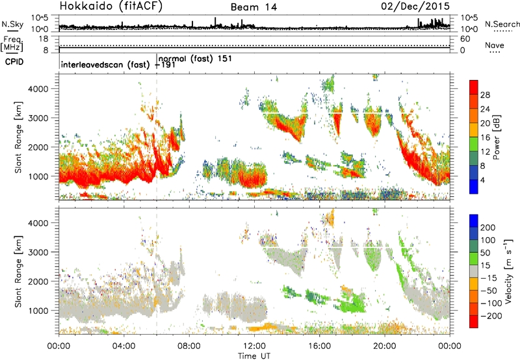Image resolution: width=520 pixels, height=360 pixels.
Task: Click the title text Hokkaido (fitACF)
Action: (x=111, y=6)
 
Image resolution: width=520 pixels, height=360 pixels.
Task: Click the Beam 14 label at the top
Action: (x=253, y=7)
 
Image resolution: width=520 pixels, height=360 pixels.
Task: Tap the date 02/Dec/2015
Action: (x=415, y=6)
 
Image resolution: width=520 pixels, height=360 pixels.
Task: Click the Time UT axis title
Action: (x=254, y=356)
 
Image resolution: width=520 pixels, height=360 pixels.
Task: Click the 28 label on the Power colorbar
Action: (x=485, y=95)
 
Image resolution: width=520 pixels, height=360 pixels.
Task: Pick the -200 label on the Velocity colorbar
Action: (x=491, y=316)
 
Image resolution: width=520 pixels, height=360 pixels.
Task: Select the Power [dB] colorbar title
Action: (x=497, y=137)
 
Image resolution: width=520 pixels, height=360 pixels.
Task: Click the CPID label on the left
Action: (x=14, y=62)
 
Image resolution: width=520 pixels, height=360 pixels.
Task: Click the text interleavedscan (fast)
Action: (x=105, y=64)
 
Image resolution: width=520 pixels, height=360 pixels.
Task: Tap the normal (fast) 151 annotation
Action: (x=195, y=58)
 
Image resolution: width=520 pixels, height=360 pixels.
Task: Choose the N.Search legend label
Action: (x=502, y=24)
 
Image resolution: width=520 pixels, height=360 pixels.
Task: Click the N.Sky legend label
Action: (x=12, y=24)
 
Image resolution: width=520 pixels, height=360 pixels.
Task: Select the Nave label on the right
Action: (x=495, y=45)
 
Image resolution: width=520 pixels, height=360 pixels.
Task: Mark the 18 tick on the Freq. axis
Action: (x=44, y=38)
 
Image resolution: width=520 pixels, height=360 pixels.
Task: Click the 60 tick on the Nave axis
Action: (x=465, y=39)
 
